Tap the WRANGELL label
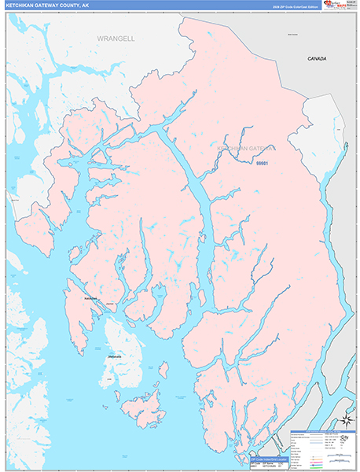116,38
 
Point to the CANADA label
317,59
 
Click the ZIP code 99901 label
263,164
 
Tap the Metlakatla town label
115,357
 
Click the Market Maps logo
338,7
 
